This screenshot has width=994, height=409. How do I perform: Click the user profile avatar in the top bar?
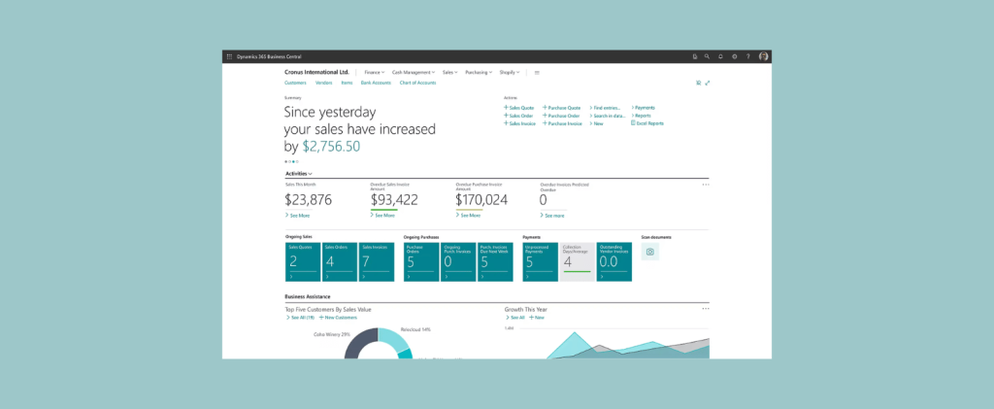(x=764, y=56)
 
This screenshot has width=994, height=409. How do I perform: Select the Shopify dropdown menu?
(x=510, y=72)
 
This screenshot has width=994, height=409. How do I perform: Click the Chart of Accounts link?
(x=417, y=83)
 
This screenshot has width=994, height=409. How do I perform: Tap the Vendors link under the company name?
(x=324, y=83)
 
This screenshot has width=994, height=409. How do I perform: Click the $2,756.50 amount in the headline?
(x=331, y=146)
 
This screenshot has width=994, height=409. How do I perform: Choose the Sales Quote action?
(x=520, y=107)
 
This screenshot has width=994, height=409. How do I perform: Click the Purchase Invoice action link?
(x=563, y=123)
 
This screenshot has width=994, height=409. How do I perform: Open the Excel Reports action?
(x=649, y=123)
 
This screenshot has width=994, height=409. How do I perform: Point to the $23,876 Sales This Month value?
(x=309, y=200)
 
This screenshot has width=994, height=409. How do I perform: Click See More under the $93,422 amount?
(x=384, y=216)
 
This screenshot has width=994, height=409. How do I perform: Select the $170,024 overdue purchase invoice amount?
(x=481, y=200)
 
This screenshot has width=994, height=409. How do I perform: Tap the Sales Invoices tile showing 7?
(x=378, y=262)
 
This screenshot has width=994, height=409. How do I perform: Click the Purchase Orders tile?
(x=421, y=262)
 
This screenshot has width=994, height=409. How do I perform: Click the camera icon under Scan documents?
(x=650, y=252)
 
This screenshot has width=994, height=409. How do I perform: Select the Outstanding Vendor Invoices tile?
(x=615, y=262)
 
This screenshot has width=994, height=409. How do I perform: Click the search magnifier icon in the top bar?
(x=708, y=56)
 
